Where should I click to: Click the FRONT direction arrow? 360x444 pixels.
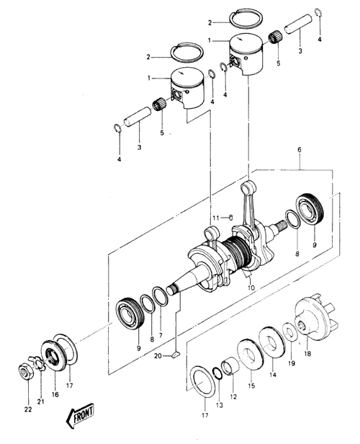(81, 415)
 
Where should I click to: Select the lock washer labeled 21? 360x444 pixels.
(39, 363)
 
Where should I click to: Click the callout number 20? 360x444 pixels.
(158, 355)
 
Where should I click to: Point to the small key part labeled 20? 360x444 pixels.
(176, 354)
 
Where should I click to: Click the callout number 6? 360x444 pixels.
(300, 150)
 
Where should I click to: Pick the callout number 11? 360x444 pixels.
(216, 218)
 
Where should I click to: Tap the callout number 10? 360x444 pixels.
(251, 288)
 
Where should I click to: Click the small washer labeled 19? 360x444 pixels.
(290, 332)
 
